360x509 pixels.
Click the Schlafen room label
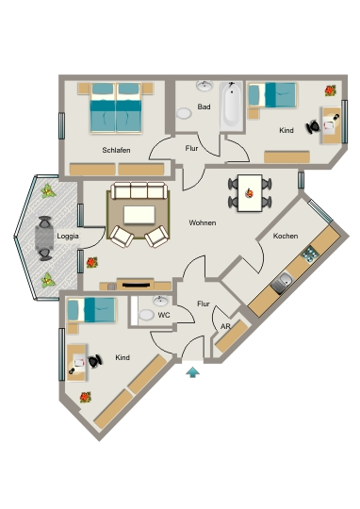click(x=116, y=150)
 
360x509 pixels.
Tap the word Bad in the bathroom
click(x=204, y=107)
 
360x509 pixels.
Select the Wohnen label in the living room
click(x=203, y=223)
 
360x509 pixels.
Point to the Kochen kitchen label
click(x=286, y=236)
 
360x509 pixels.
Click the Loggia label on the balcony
click(x=68, y=236)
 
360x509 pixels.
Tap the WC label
click(x=164, y=315)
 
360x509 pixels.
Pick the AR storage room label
click(x=225, y=326)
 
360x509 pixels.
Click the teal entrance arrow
click(x=193, y=372)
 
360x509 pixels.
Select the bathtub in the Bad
click(x=232, y=107)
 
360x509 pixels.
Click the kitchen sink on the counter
click(x=282, y=283)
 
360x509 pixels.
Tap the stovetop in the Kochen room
click(x=310, y=254)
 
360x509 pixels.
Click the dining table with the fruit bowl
click(x=250, y=193)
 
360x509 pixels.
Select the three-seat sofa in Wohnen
click(x=139, y=190)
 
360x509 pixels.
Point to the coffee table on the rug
click(x=139, y=215)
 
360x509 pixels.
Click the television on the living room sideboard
click(x=137, y=286)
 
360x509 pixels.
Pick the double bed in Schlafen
click(x=116, y=108)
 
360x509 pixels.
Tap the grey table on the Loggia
click(x=44, y=238)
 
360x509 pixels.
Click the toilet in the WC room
click(x=147, y=314)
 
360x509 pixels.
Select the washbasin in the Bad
click(x=205, y=86)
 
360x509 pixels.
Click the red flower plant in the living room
click(x=92, y=262)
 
